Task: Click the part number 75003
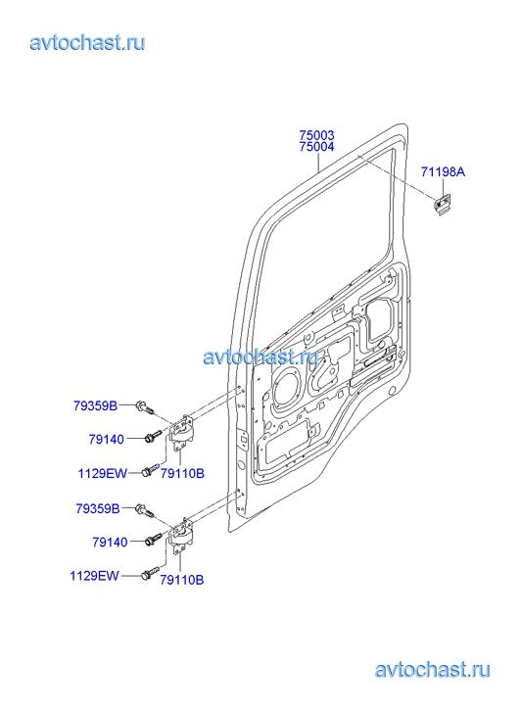[316, 135]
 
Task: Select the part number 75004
[316, 147]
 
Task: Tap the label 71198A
[443, 172]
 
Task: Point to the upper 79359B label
[95, 405]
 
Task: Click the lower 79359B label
[98, 508]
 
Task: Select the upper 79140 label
[107, 439]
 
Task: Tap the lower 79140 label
[110, 542]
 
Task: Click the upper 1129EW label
[103, 473]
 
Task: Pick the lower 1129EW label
[94, 576]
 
